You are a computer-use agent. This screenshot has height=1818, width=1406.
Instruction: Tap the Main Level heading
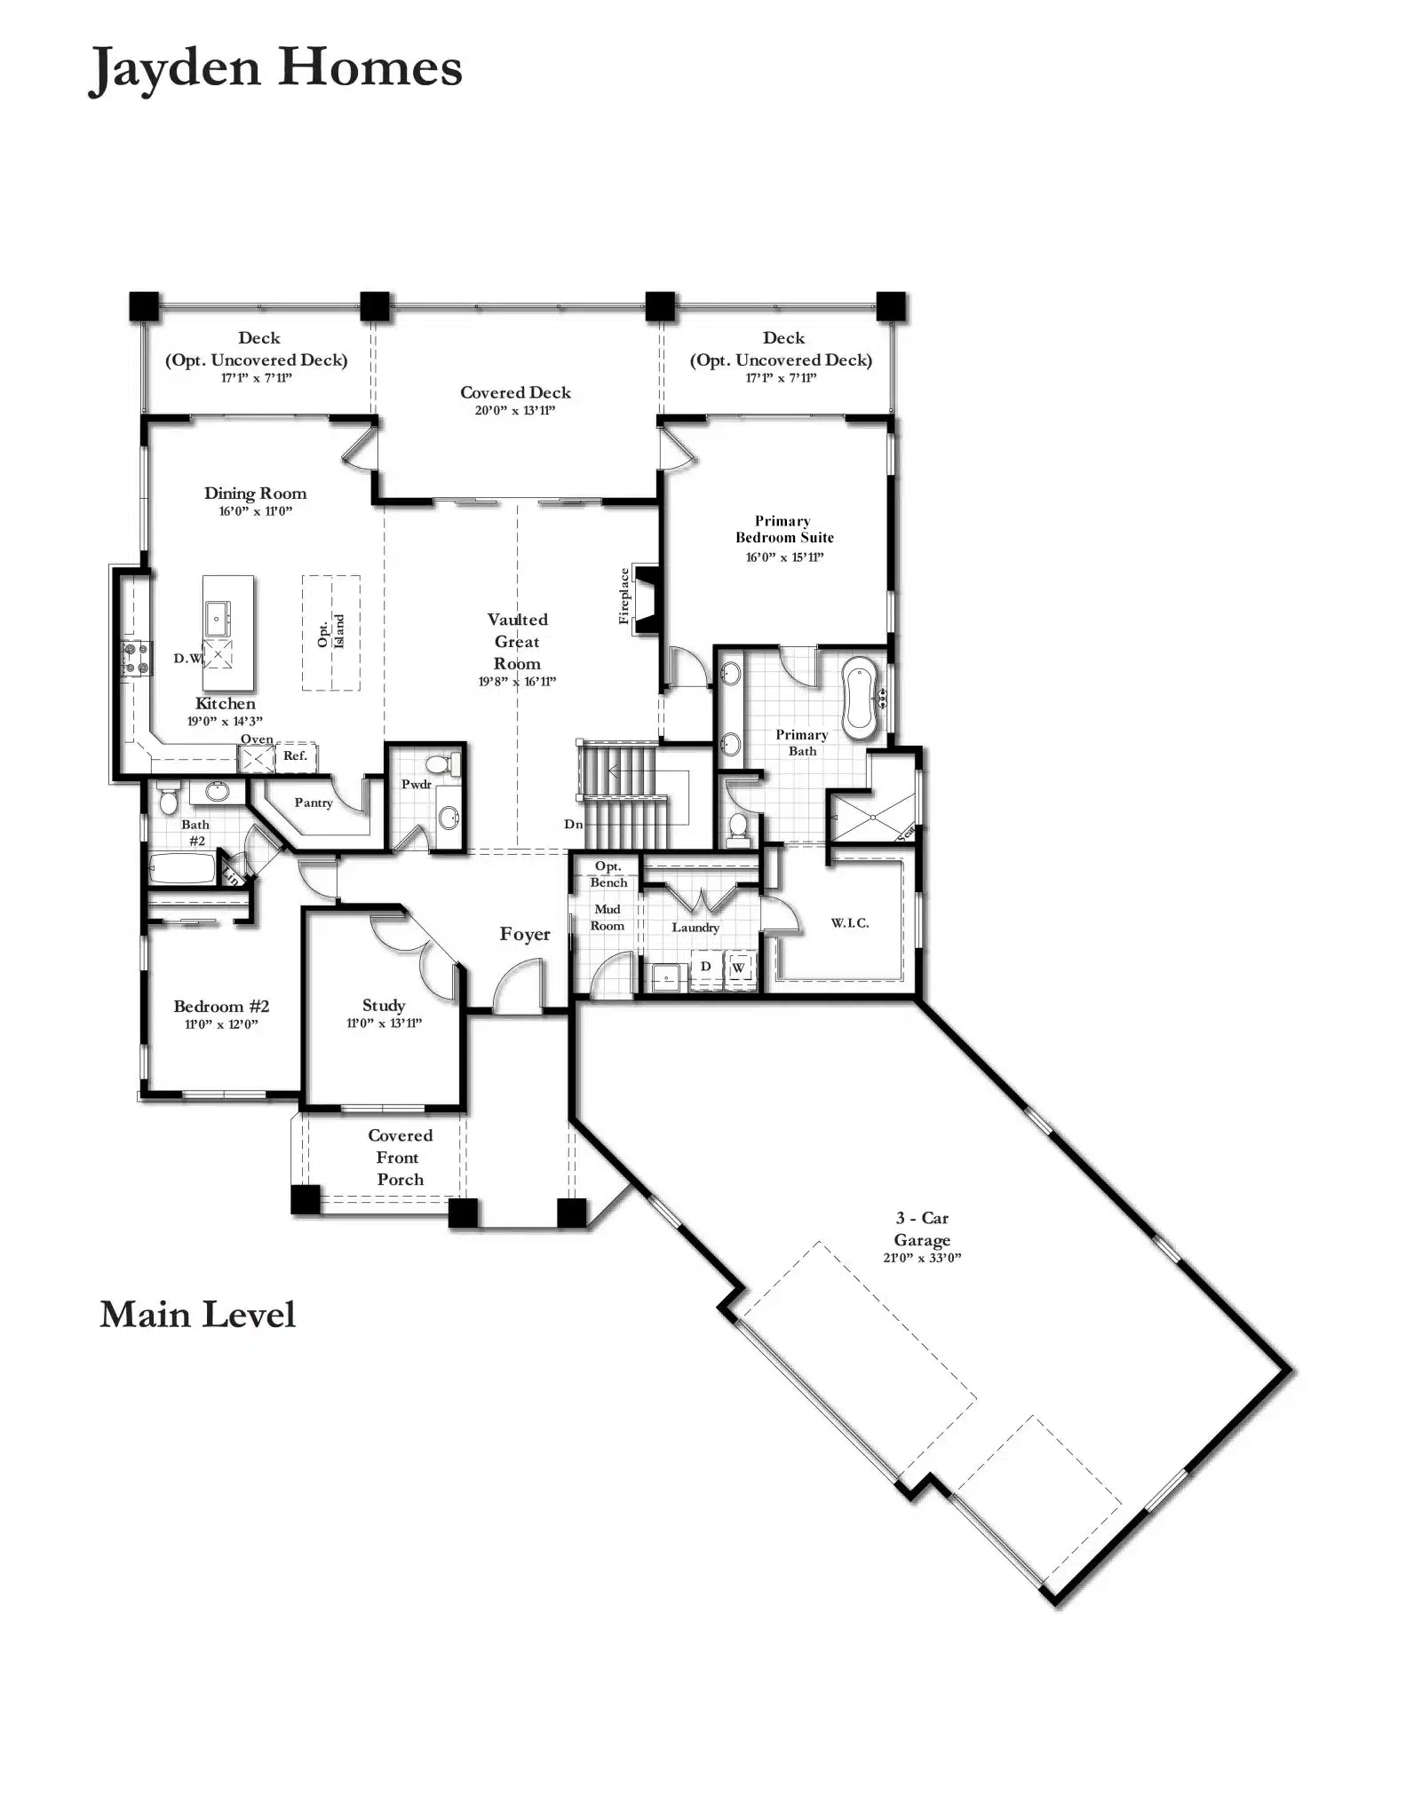[197, 1315]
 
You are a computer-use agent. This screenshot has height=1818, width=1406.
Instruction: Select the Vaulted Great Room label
[517, 641]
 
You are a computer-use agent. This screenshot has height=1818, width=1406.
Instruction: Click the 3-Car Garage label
[922, 1229]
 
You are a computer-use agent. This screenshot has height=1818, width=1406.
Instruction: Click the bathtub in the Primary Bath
[859, 699]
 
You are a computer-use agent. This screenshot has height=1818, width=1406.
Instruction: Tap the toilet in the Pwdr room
[441, 763]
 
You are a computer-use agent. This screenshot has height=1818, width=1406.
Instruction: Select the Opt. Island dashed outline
[331, 633]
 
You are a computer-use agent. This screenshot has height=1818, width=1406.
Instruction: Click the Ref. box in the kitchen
[296, 756]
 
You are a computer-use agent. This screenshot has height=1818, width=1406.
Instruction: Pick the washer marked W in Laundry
[739, 967]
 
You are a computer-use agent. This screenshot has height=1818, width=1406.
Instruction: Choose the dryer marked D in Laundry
[705, 967]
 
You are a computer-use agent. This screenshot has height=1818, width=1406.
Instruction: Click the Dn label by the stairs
[574, 824]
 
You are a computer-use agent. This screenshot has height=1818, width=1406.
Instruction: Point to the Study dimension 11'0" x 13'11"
[384, 1023]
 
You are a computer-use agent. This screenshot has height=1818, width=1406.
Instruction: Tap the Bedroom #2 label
[221, 1006]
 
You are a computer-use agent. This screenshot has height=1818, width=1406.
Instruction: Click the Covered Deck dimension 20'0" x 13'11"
[515, 410]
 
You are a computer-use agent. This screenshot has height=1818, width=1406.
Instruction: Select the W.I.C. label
[850, 923]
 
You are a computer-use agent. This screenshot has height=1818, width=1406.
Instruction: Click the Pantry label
[314, 802]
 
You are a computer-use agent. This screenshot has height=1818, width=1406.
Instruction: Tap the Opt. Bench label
[609, 874]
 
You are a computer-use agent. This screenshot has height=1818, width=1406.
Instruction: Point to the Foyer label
[525, 934]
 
